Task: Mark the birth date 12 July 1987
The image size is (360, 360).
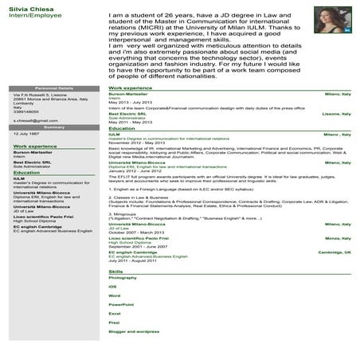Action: [x=26, y=135]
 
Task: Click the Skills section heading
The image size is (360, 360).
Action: [x=116, y=272]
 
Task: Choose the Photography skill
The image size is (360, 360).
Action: [x=122, y=278]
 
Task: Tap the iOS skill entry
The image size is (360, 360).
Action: [x=112, y=287]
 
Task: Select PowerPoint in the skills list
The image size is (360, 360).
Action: [x=120, y=304]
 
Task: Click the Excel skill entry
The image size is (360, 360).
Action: [x=114, y=313]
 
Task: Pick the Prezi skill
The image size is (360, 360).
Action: [x=114, y=322]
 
